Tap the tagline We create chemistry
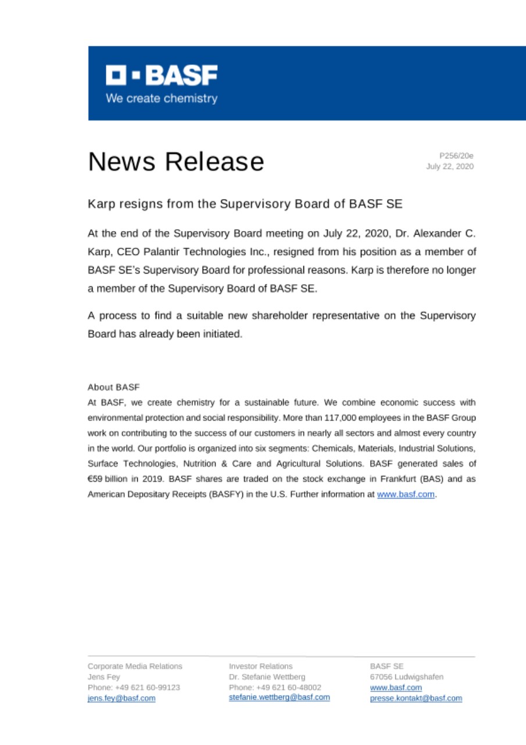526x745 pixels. click(x=161, y=98)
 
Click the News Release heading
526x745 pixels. click(x=176, y=161)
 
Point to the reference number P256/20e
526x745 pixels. click(x=456, y=155)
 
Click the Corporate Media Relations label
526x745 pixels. click(x=135, y=666)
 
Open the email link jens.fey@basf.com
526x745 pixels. click(x=121, y=698)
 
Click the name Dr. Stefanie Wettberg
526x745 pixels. click(x=267, y=677)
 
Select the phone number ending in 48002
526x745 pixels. click(x=275, y=687)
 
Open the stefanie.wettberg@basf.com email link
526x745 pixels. click(x=279, y=697)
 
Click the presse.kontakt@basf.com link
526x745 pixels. click(x=416, y=698)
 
